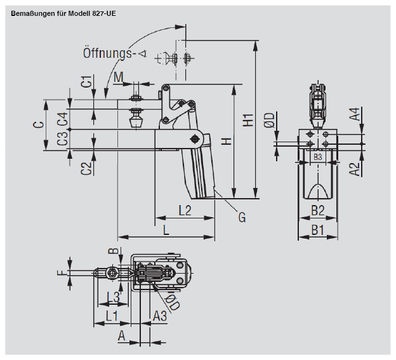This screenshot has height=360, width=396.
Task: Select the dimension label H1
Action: pyautogui.click(x=248, y=119)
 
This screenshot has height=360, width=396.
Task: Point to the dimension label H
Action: pyautogui.click(x=225, y=141)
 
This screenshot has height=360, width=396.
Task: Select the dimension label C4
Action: pyautogui.click(x=62, y=119)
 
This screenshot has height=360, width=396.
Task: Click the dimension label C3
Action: pyautogui.click(x=62, y=139)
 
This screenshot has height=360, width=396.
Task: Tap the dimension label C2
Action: pyautogui.click(x=87, y=168)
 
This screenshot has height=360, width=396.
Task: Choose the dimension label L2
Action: pyautogui.click(x=185, y=210)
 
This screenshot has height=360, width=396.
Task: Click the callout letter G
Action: pyautogui.click(x=242, y=218)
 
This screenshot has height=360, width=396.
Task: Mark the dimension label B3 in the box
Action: pyautogui.click(x=317, y=156)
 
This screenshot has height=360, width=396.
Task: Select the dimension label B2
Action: pyautogui.click(x=317, y=210)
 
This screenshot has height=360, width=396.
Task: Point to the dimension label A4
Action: pyautogui.click(x=356, y=114)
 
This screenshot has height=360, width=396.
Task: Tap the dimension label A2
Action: pyautogui.click(x=356, y=168)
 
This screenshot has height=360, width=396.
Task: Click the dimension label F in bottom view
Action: pyautogui.click(x=61, y=274)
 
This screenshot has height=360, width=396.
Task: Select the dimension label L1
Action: pyautogui.click(x=111, y=315)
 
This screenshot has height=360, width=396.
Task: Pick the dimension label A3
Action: pyautogui.click(x=160, y=315)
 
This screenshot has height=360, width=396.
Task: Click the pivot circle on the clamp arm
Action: pyautogui.click(x=195, y=138)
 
